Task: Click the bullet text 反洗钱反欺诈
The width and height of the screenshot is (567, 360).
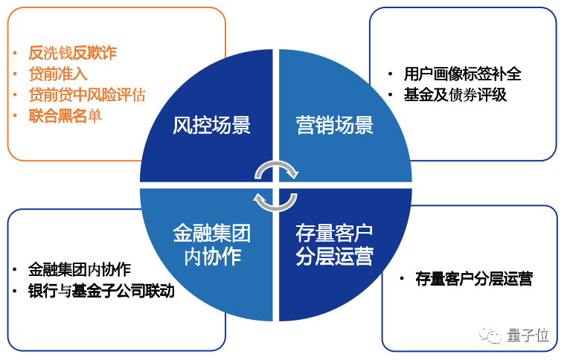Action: coord(72,53)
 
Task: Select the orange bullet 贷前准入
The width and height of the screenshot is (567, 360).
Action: coord(57,74)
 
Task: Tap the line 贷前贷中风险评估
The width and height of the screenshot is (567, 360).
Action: coord(86,94)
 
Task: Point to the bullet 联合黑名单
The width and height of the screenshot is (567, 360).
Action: coord(65,115)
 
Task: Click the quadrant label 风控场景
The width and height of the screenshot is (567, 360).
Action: coord(211,124)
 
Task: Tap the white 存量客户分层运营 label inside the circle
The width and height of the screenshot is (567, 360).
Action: coord(334,245)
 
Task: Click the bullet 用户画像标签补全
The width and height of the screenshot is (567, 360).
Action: coord(462,74)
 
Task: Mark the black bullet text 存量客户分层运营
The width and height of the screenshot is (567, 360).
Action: coord(474,280)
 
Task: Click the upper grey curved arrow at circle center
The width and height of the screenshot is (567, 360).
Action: coord(276,169)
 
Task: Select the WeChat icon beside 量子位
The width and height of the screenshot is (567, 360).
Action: coord(493,335)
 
